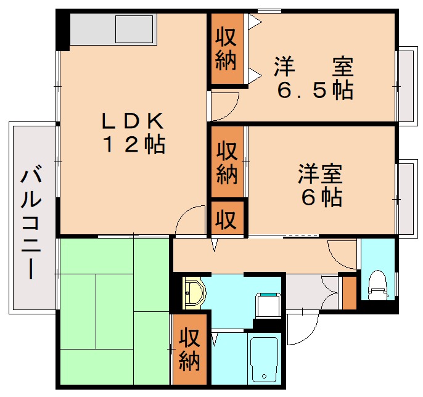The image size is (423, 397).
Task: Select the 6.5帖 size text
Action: pos(314,91)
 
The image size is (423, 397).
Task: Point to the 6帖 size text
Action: pos(320,197)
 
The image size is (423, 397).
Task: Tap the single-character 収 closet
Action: pos(227,218)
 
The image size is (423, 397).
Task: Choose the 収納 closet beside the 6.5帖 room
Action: pos(226,49)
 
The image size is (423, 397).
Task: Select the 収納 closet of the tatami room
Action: pos(189,350)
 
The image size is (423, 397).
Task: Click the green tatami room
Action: pos(114,311)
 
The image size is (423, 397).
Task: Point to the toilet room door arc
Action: pos(341,252)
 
